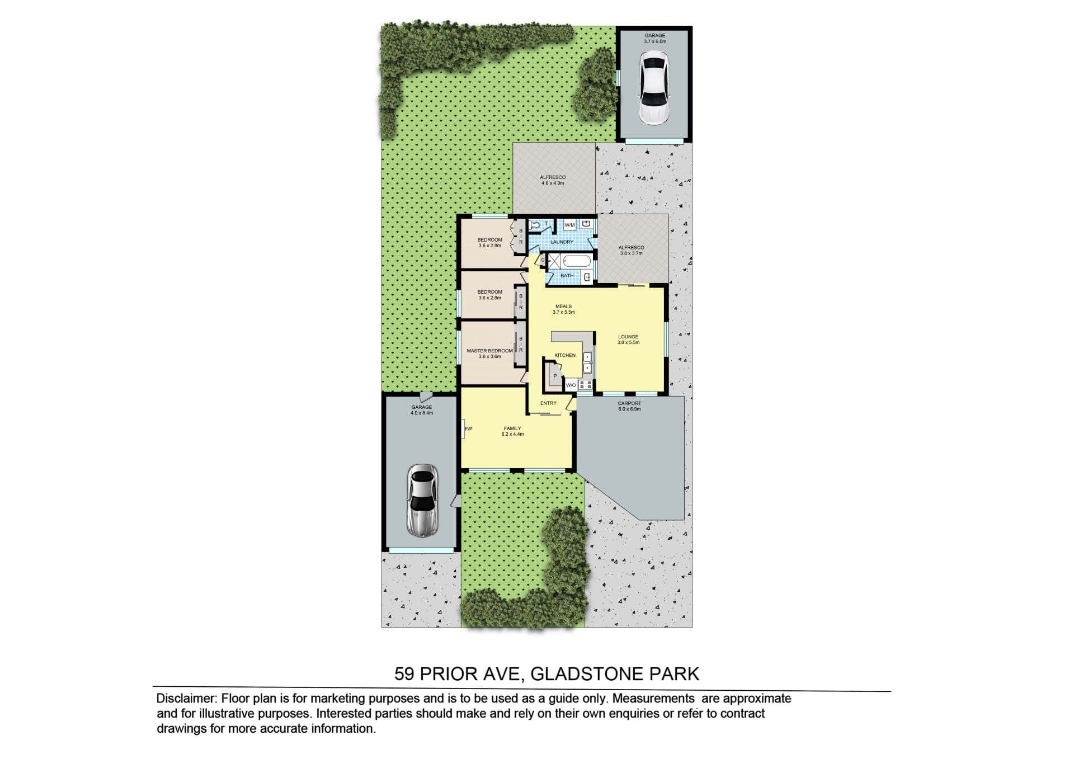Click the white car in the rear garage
(654, 88)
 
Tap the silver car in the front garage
(422, 500)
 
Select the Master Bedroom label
(489, 353)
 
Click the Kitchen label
(565, 355)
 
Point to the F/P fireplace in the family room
(467, 429)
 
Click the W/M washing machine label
(569, 225)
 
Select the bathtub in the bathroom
(576, 261)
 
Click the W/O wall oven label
(571, 385)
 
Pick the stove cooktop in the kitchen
(586, 384)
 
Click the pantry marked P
(555, 375)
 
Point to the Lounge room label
(628, 340)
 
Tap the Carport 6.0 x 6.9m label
(629, 406)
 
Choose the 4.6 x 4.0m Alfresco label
(553, 180)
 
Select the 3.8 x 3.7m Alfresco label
(631, 250)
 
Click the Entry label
(548, 403)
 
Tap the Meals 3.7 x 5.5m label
(563, 309)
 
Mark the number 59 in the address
(404, 674)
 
